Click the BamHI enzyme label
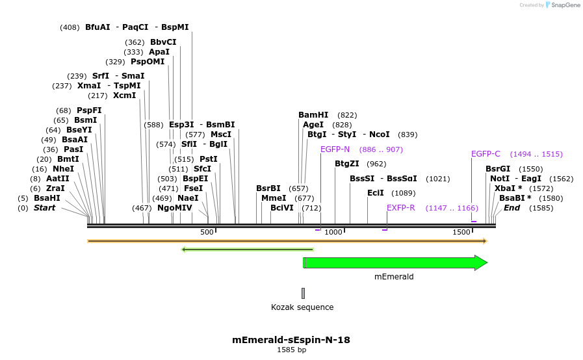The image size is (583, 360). click(313, 115)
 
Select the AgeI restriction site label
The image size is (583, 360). click(313, 125)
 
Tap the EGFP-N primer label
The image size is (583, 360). click(335, 149)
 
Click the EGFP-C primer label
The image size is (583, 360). click(486, 154)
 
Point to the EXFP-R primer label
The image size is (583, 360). click(401, 208)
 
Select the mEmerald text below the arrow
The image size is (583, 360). click(394, 277)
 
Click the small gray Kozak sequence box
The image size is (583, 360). click(303, 293)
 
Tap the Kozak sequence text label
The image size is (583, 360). click(302, 307)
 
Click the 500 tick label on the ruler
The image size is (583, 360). click(207, 232)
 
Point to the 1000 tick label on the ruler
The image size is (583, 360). click(333, 232)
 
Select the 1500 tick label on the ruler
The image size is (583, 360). click(461, 232)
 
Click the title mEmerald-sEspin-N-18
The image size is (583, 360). click(291, 340)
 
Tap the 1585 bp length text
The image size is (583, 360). click(291, 350)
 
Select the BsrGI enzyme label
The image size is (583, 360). click(498, 169)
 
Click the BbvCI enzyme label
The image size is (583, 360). click(163, 42)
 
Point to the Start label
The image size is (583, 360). click(45, 208)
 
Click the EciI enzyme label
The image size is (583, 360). click(376, 193)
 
